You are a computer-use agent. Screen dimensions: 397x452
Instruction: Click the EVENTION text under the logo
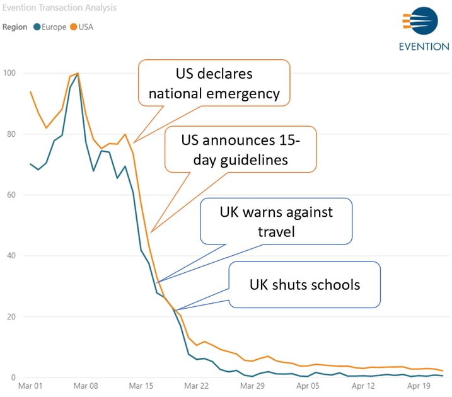click(x=424, y=47)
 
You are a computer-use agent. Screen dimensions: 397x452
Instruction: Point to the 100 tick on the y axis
click(x=10, y=73)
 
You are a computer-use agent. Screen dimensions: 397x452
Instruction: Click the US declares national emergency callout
click(x=214, y=84)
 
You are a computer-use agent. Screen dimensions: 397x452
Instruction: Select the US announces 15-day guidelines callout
click(x=241, y=149)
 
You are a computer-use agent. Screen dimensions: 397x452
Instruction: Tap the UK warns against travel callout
click(x=276, y=222)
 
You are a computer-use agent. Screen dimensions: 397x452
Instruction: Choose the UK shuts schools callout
click(x=305, y=285)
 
